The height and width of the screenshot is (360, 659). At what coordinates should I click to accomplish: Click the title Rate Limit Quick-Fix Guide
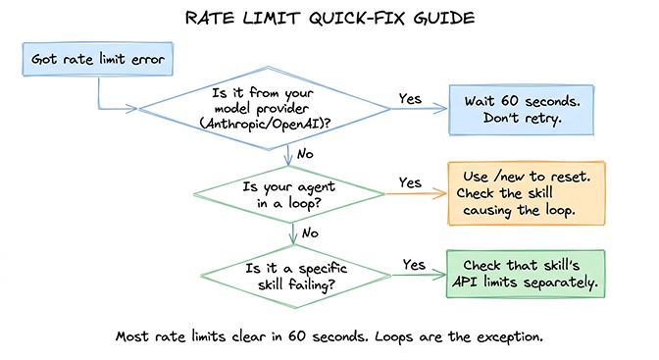(329, 19)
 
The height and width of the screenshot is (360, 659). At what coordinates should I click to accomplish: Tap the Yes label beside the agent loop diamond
(411, 182)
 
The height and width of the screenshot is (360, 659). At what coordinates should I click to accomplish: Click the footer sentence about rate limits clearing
(329, 334)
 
